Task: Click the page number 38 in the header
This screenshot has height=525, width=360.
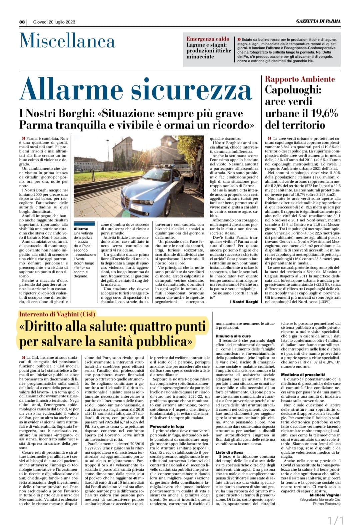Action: (22, 22)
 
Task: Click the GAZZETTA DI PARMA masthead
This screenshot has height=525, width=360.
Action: (318, 21)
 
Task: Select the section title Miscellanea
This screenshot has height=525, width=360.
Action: (67, 41)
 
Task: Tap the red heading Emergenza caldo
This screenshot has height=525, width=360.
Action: (208, 39)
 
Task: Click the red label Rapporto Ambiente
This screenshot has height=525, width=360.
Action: (300, 79)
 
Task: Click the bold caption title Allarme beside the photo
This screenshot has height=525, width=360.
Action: (81, 229)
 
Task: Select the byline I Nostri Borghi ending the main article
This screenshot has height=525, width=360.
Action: (244, 302)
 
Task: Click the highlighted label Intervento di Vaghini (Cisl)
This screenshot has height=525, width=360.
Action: (57, 314)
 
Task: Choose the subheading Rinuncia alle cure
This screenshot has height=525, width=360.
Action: (233, 336)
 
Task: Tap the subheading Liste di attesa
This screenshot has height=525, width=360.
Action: (229, 452)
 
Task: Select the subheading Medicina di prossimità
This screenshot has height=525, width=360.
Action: (303, 375)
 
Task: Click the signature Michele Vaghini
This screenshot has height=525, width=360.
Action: (325, 495)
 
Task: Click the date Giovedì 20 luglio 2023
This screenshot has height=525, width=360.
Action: (54, 22)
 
